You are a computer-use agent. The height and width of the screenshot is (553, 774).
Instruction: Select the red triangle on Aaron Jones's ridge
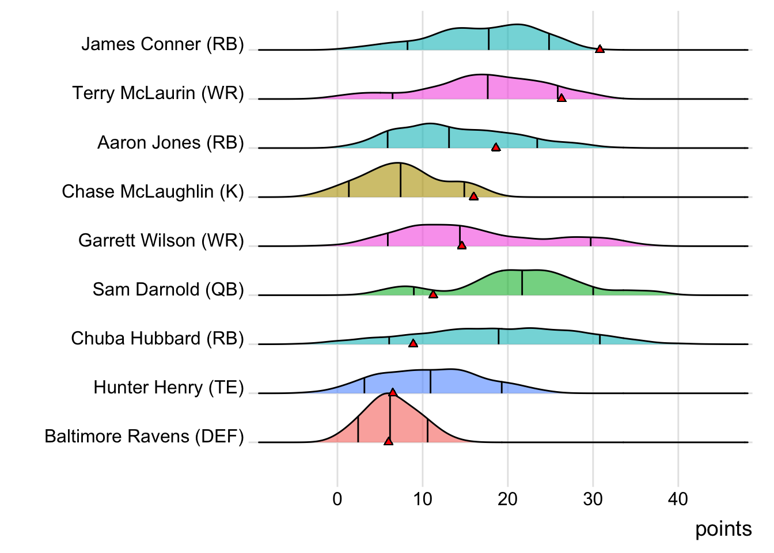pyautogui.click(x=496, y=147)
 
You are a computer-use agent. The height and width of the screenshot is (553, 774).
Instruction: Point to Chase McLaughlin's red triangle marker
pyautogui.click(x=473, y=196)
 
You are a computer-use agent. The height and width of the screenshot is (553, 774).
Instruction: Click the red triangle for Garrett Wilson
pyautogui.click(x=461, y=245)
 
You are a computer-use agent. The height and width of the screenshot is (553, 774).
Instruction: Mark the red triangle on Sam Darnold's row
pyautogui.click(x=433, y=294)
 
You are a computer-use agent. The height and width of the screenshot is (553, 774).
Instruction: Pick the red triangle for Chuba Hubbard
pyautogui.click(x=413, y=343)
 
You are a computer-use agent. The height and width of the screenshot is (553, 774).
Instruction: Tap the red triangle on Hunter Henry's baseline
pyautogui.click(x=393, y=392)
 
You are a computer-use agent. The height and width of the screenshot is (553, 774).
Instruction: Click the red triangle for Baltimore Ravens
pyautogui.click(x=388, y=441)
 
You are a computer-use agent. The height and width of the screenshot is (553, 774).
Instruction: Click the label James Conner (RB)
pyautogui.click(x=162, y=44)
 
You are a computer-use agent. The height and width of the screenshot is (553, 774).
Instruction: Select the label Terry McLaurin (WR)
pyautogui.click(x=158, y=93)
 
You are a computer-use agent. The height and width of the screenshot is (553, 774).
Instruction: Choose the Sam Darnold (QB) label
pyautogui.click(x=168, y=289)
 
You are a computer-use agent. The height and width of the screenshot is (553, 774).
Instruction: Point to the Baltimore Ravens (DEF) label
pyautogui.click(x=144, y=437)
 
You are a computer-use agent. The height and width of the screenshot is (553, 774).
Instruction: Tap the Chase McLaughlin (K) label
pyautogui.click(x=153, y=191)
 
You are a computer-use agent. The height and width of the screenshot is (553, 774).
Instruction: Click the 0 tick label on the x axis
pyautogui.click(x=337, y=499)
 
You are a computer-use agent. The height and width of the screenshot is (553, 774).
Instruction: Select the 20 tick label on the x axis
pyautogui.click(x=507, y=499)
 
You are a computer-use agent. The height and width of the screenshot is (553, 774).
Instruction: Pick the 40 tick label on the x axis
pyautogui.click(x=678, y=499)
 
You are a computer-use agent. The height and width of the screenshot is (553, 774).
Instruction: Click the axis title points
pyautogui.click(x=723, y=529)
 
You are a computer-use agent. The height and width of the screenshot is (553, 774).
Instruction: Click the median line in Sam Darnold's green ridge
pyautogui.click(x=522, y=282)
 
